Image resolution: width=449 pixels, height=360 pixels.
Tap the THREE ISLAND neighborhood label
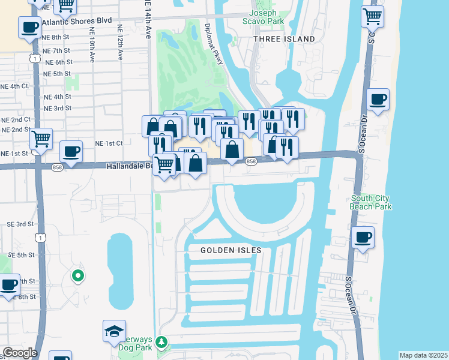(284, 39)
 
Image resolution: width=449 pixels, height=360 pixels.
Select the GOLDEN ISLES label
(228, 250)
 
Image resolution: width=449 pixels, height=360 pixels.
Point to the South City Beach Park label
(371, 203)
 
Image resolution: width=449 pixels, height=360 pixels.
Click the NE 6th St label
(58, 62)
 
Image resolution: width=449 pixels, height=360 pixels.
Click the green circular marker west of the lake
(77, 276)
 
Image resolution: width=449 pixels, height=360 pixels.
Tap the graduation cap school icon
(114, 331)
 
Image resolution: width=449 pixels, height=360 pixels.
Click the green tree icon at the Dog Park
(161, 342)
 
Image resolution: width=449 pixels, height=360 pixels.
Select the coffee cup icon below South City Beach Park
(363, 237)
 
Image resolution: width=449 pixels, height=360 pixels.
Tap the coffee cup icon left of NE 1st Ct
(71, 152)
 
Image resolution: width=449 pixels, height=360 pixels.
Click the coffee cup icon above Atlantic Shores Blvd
(29, 26)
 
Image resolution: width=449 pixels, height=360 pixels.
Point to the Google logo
(19, 353)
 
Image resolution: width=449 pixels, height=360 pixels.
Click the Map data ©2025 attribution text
(423, 355)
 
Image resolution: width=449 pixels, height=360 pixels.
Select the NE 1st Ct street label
(109, 143)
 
